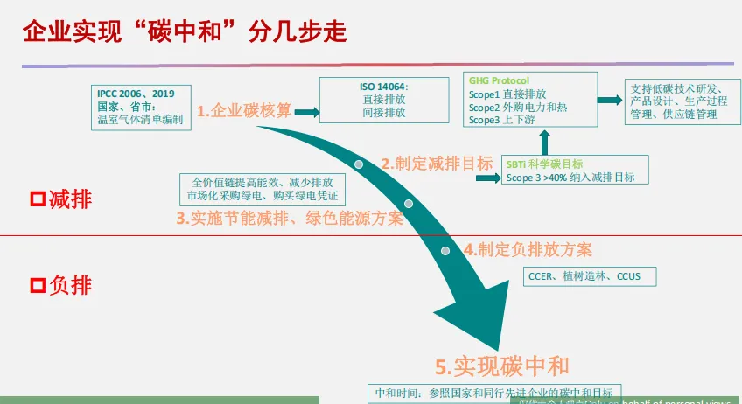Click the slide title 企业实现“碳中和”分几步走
tap(184, 32)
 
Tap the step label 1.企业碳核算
tap(244, 111)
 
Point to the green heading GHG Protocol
tap(499, 80)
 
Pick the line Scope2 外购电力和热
tap(518, 107)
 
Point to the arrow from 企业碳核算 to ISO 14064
tap(305, 111)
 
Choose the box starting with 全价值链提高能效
tap(262, 189)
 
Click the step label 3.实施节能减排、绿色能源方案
tap(290, 219)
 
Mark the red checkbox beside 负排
tap(38, 286)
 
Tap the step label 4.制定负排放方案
tap(528, 249)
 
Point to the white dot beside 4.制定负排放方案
tap(445, 251)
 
